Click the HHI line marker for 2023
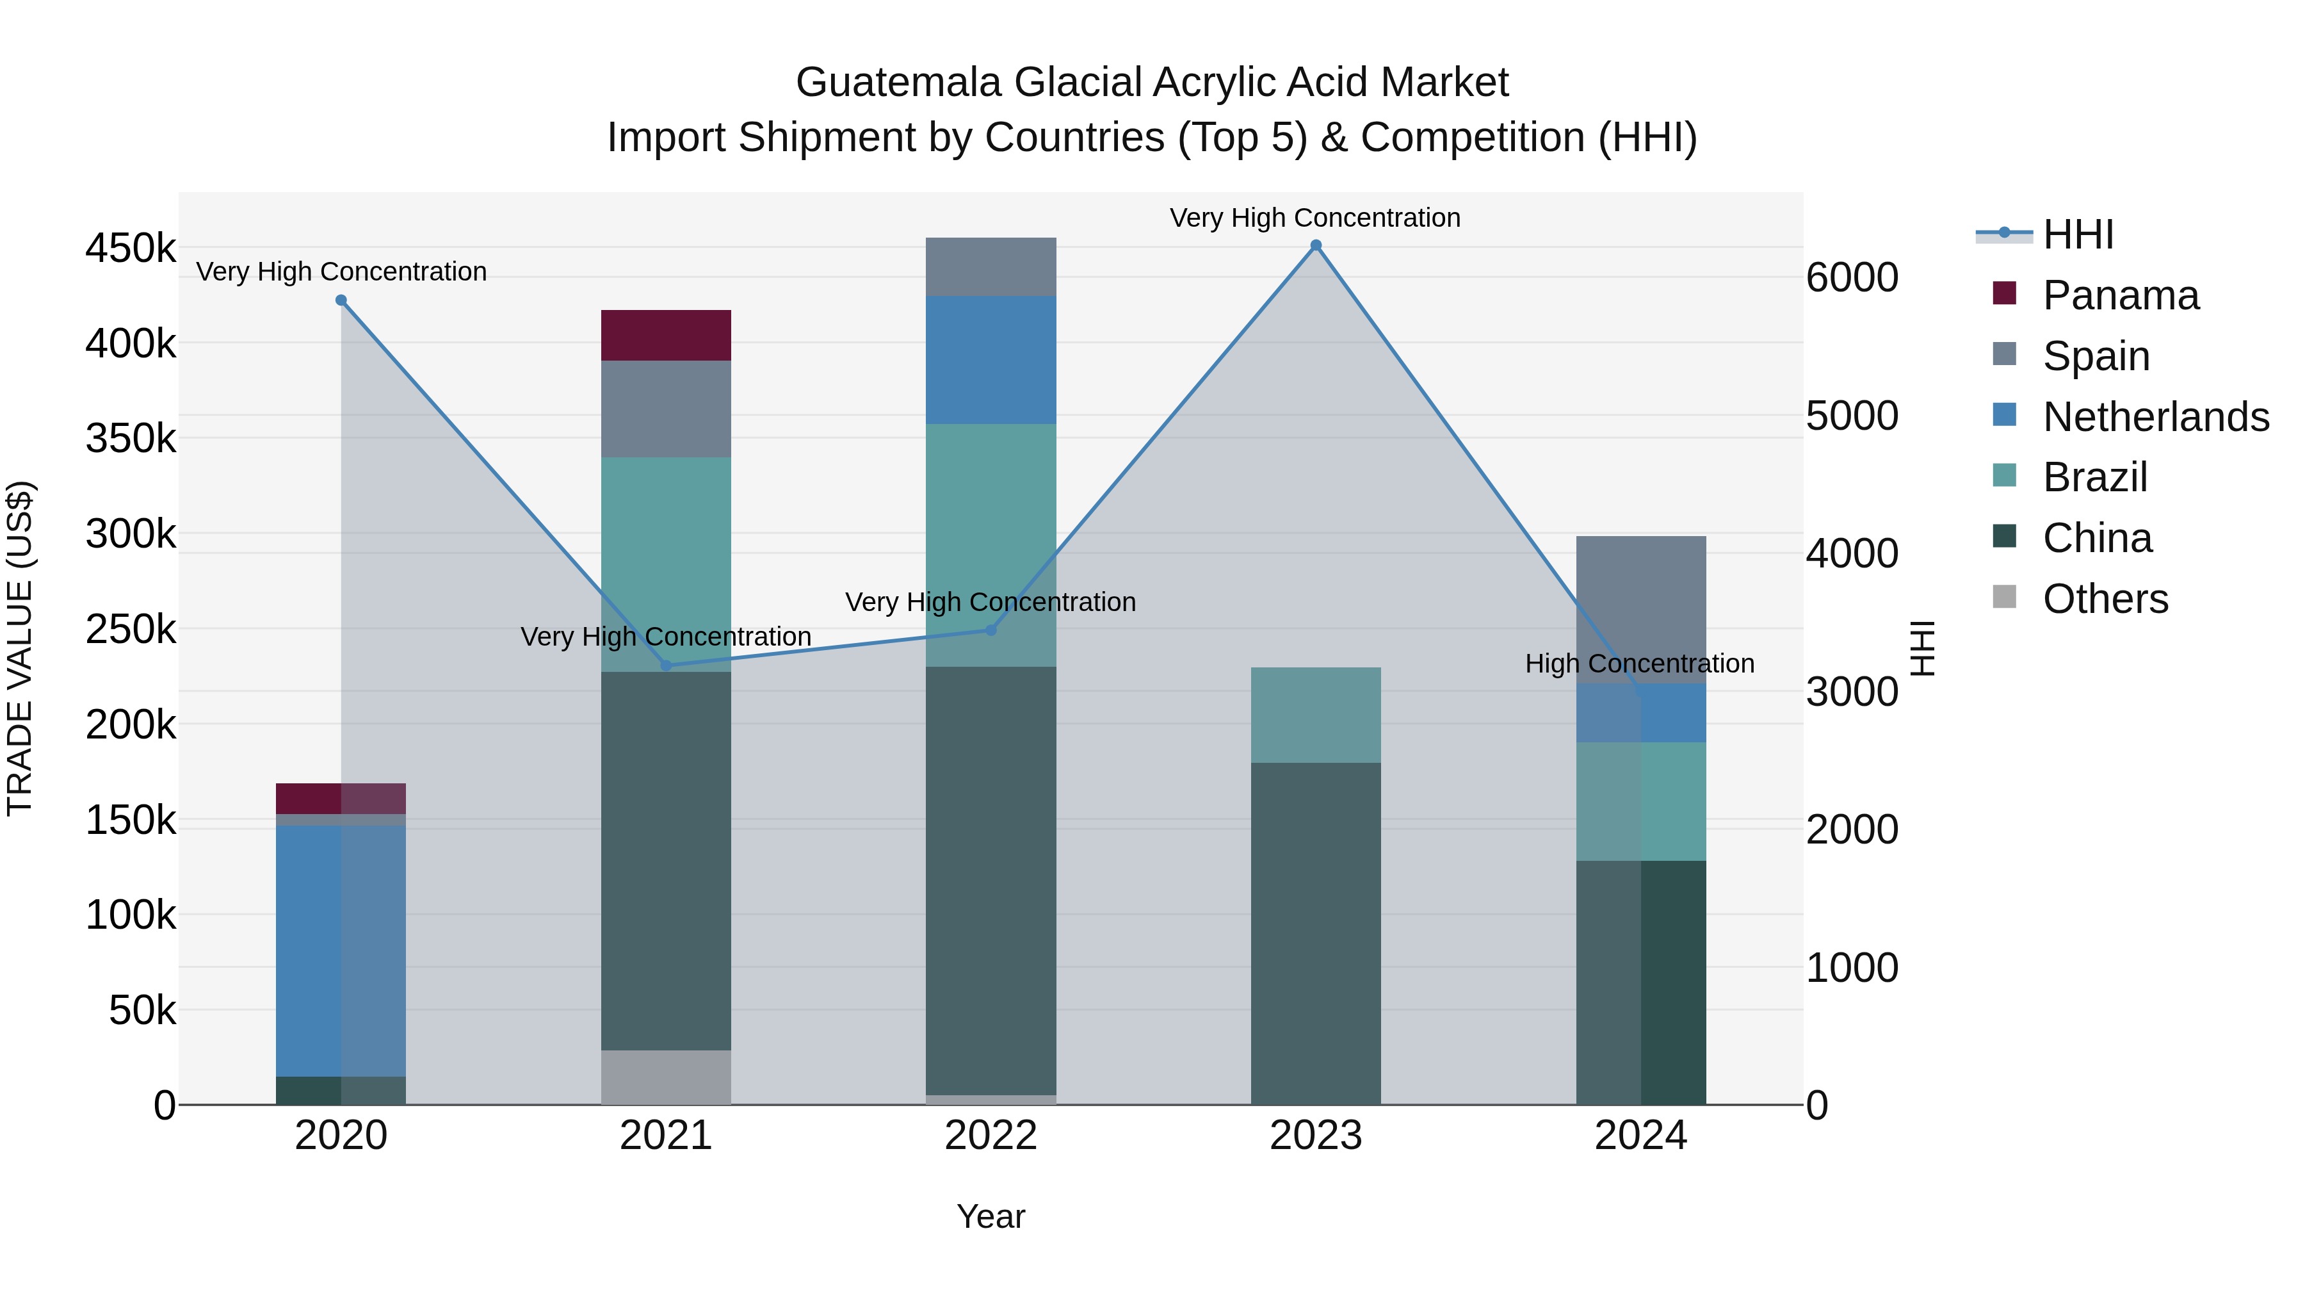pyautogui.click(x=1315, y=245)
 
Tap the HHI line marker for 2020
pyautogui.click(x=341, y=301)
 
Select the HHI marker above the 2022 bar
pyautogui.click(x=991, y=630)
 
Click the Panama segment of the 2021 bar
pyautogui.click(x=666, y=336)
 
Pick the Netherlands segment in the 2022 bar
pyautogui.click(x=991, y=360)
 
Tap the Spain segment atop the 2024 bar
pyautogui.click(x=1640, y=608)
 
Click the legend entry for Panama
pyautogui.click(x=2120, y=295)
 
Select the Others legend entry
pyautogui.click(x=2105, y=599)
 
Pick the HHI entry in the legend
pyautogui.click(x=2078, y=234)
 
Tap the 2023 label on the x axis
pyautogui.click(x=1315, y=1136)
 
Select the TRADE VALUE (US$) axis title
pyautogui.click(x=20, y=648)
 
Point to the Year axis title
pyautogui.click(x=991, y=1216)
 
